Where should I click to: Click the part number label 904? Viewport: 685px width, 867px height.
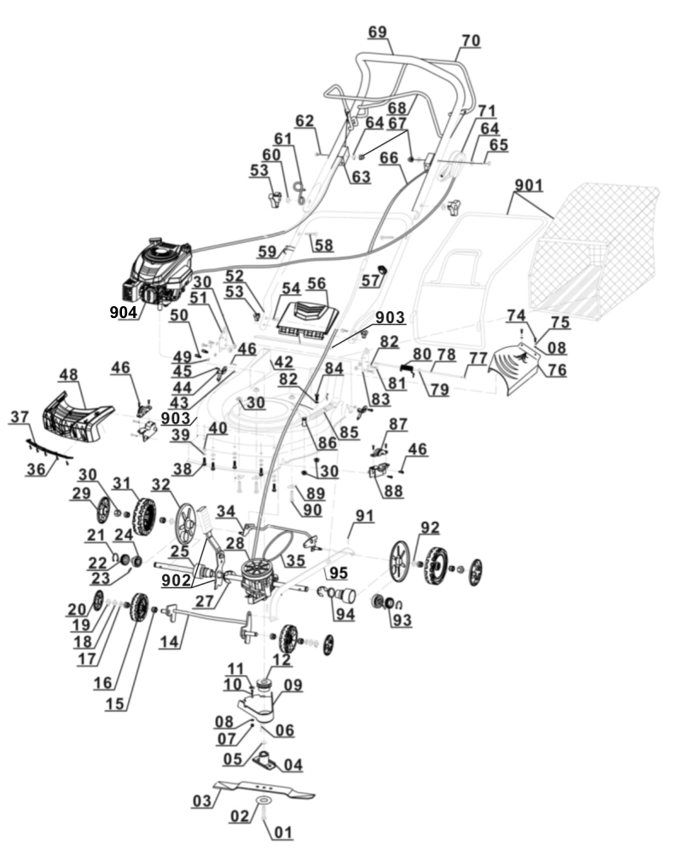123,313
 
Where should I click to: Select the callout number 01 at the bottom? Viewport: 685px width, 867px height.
283,832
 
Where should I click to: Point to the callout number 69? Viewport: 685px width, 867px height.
377,32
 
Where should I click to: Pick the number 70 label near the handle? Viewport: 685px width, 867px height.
470,40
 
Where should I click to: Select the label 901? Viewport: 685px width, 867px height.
529,185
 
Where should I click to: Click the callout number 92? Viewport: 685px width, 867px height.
429,526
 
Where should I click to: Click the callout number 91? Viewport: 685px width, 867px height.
365,515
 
